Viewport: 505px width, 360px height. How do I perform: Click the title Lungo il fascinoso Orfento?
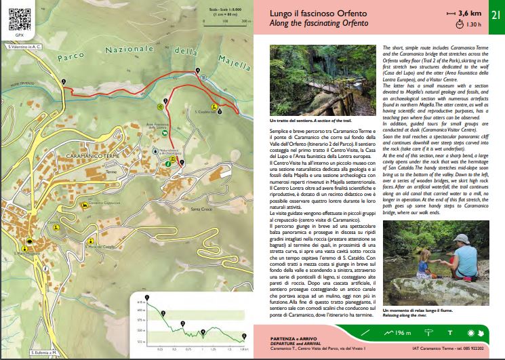tap(301, 13)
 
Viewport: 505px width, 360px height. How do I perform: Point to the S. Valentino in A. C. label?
tap(24, 47)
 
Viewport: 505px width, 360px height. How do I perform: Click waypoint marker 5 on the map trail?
tap(63, 81)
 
